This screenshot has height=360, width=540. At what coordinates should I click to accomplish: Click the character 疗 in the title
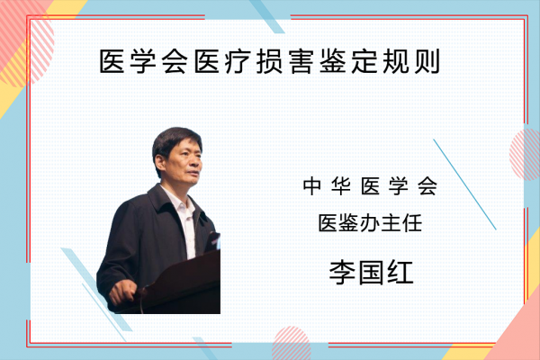pos(238,61)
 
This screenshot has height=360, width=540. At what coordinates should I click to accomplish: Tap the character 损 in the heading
pos(270,61)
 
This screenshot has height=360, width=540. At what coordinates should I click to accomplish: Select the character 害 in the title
pos(301,61)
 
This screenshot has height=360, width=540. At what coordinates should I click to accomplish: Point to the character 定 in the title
pos(364,61)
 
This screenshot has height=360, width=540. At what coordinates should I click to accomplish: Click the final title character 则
pos(427,61)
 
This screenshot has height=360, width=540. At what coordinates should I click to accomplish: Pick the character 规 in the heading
pos(396,61)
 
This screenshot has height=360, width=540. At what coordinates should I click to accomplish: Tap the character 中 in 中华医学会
pos(312,186)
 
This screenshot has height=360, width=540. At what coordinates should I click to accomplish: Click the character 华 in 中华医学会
pos(341,186)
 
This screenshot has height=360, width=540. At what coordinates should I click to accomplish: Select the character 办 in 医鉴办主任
pos(370,223)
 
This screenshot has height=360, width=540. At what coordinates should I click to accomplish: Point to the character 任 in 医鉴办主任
pos(412,223)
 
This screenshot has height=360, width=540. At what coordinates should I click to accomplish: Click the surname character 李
pos(342,273)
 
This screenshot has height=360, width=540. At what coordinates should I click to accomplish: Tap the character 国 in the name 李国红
pos(371,273)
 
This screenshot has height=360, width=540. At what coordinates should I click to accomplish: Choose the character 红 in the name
pos(400,273)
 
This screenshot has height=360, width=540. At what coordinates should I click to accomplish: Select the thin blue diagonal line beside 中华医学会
pos(464,184)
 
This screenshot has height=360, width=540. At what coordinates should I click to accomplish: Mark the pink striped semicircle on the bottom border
pos(291,343)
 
